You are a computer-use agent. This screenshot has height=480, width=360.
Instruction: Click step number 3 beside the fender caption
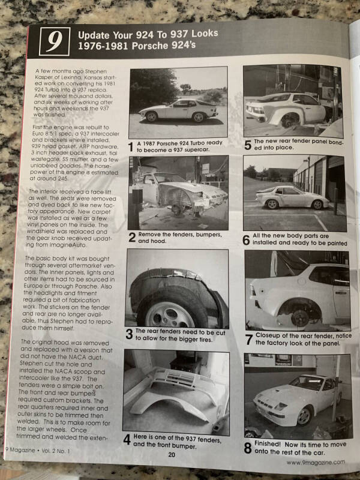129,334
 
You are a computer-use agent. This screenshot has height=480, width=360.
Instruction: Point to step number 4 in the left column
127,439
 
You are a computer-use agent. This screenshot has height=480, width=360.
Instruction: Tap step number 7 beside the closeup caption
248,339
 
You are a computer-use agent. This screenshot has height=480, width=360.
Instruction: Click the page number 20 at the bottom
172,455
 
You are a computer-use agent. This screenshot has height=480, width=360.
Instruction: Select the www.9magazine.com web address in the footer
315,462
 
